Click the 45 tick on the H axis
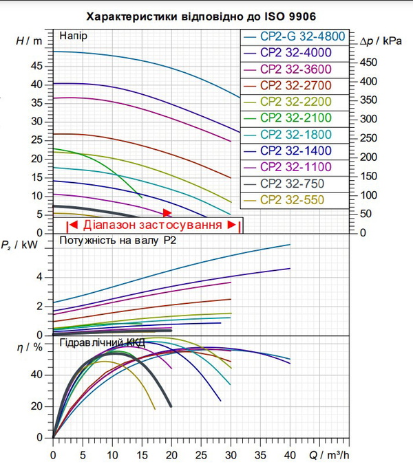click(x=36, y=66)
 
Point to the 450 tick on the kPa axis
click(x=368, y=63)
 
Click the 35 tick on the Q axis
click(x=260, y=455)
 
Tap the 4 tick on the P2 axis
click(x=39, y=278)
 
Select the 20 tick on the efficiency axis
click(x=36, y=406)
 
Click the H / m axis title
click(x=29, y=41)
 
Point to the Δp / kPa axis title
click(x=381, y=41)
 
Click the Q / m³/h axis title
click(x=329, y=455)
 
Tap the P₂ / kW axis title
click(x=19, y=245)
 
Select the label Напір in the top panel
click(x=73, y=36)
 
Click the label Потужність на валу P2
click(x=118, y=241)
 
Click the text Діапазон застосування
click(x=153, y=225)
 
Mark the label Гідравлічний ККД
click(x=102, y=343)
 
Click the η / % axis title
click(x=30, y=347)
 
